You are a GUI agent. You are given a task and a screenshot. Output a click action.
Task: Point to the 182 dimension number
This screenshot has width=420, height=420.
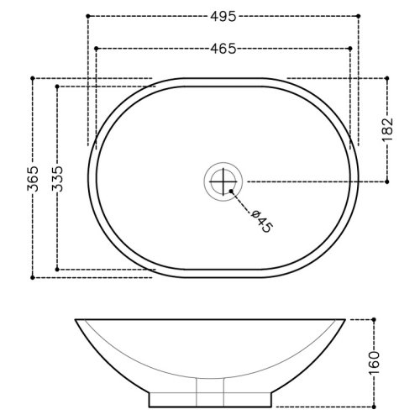coord(387,130)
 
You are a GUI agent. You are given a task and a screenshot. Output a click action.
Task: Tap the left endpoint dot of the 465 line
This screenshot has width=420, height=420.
coord(97,49)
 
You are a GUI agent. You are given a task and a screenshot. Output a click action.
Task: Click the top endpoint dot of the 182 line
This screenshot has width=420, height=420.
coord(387,80)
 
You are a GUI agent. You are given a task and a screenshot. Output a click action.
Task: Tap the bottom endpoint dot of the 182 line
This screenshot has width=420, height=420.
coord(387,181)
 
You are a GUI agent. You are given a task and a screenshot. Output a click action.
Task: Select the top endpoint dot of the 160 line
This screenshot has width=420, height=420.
coord(374,319)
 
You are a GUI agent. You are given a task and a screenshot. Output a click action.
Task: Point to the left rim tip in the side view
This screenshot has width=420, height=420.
coord(76,320)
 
